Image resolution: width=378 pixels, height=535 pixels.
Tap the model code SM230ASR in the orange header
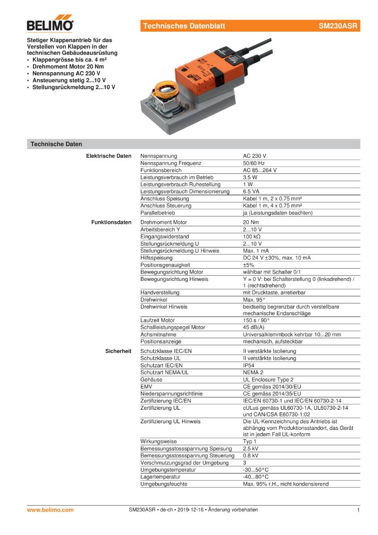coord(337,26)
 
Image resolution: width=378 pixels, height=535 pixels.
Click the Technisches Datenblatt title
coord(184,26)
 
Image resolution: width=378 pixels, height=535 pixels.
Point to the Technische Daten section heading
coord(56,144)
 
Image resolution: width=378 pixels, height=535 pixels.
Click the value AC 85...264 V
coord(260,170)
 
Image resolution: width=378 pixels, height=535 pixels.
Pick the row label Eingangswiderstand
coord(164,236)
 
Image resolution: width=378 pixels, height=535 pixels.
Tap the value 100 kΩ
coord(252,236)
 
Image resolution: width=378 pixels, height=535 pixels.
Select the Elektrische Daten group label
coord(108,156)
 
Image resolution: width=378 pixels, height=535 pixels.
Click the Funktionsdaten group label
coord(111,222)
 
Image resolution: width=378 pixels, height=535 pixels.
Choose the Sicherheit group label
coord(118,351)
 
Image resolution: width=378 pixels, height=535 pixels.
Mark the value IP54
coord(249,365)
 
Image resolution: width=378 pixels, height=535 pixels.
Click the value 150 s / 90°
coord(256,320)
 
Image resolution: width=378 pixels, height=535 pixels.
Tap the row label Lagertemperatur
coord(160,477)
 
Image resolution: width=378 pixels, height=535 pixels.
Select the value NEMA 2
coord(253,372)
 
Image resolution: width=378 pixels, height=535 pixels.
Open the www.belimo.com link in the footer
coord(50,510)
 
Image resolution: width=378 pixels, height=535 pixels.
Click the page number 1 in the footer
coord(358,510)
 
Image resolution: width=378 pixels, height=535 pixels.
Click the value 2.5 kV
coord(251,449)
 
